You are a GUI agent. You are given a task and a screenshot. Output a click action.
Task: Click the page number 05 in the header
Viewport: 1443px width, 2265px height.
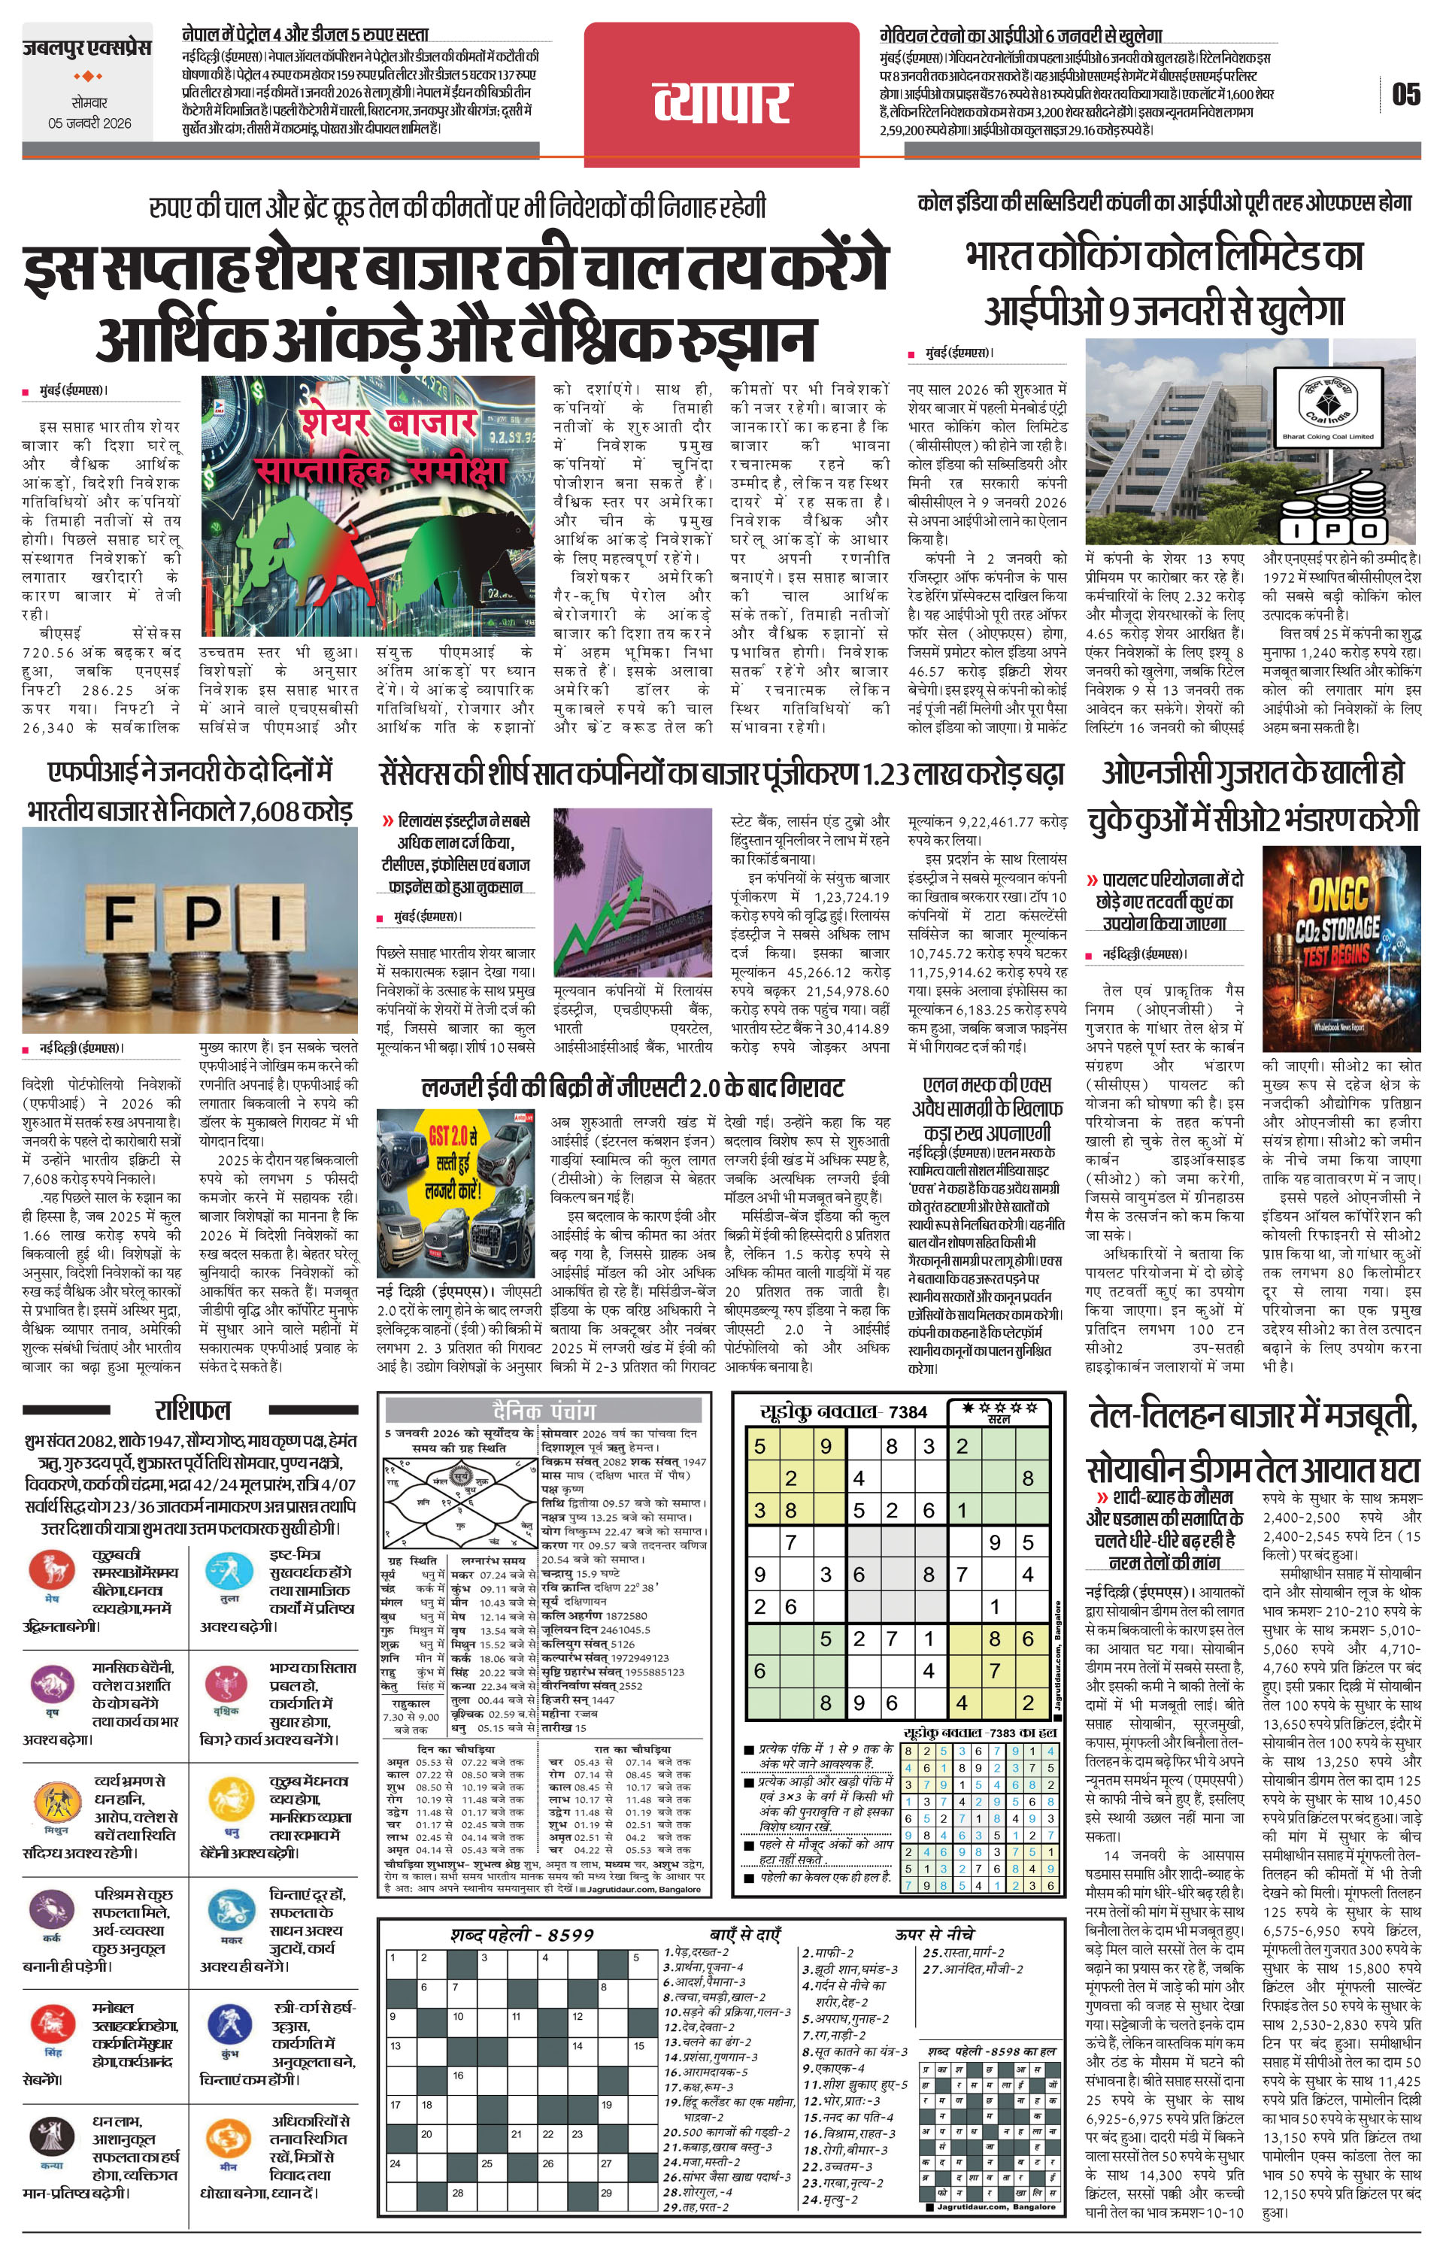tap(1405, 95)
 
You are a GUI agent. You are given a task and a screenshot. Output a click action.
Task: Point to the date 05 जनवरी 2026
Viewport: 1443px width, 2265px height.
tap(90, 123)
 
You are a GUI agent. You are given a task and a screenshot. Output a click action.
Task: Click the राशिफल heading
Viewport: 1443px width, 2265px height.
tap(192, 1410)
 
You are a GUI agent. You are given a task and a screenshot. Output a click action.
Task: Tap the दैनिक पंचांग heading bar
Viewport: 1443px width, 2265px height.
tap(544, 1411)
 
